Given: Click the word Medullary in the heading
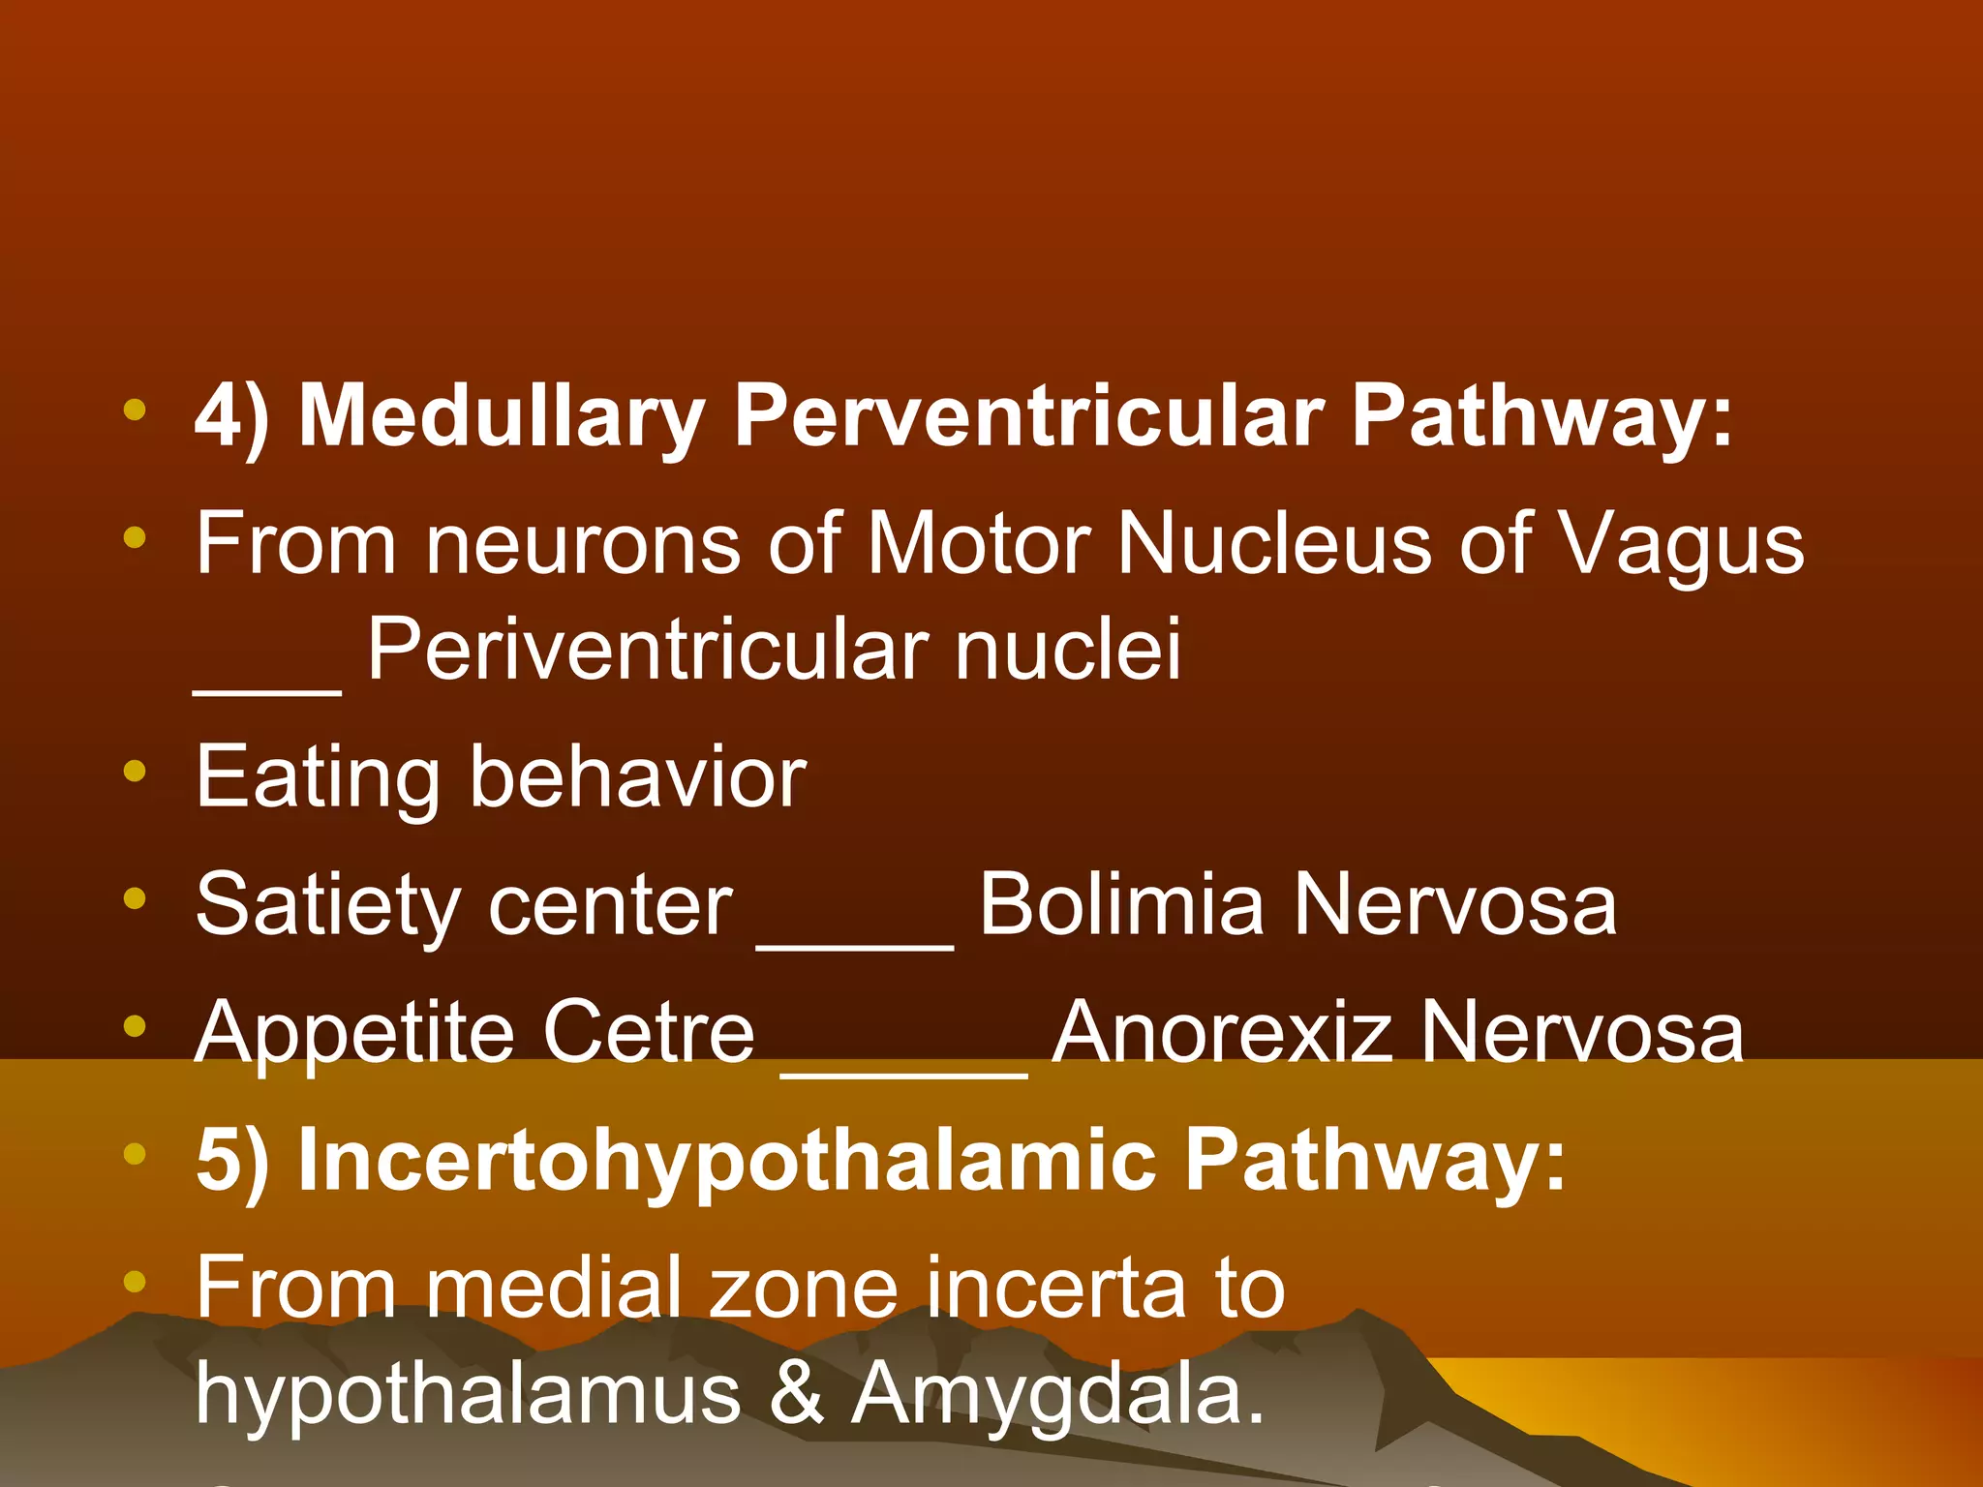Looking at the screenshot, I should (502, 416).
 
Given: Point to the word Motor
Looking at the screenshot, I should (979, 544).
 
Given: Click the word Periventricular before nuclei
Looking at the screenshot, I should (647, 651).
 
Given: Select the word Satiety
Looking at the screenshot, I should (328, 906).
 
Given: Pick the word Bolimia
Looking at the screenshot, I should (1121, 904).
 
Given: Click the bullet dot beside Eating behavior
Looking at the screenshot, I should (135, 772).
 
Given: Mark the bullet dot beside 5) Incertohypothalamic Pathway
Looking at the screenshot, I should (135, 1154).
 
